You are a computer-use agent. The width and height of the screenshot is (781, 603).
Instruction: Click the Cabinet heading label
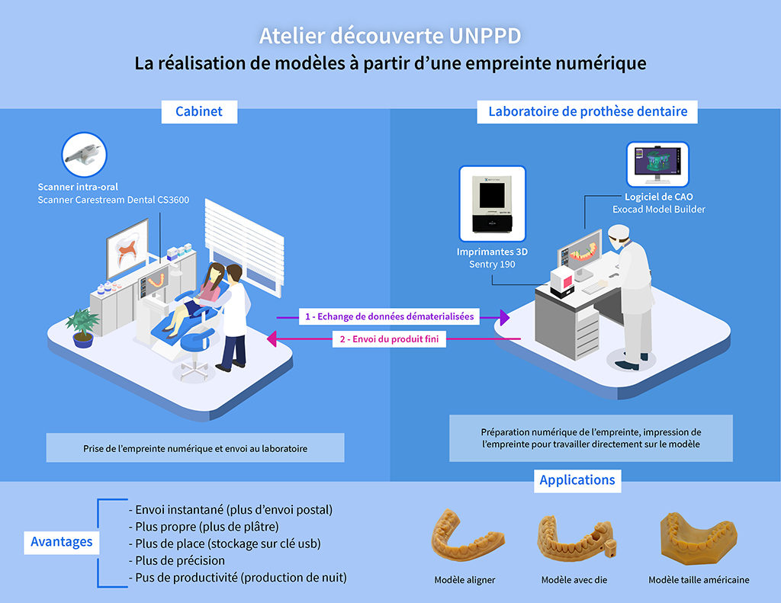click(x=199, y=111)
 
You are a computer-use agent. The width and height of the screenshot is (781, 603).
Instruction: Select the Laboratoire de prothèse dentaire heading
click(x=587, y=111)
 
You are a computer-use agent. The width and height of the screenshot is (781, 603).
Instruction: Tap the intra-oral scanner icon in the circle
click(x=84, y=154)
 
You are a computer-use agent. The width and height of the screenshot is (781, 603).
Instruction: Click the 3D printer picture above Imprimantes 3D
click(x=492, y=204)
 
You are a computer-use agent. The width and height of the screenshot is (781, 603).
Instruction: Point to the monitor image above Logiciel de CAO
click(x=657, y=165)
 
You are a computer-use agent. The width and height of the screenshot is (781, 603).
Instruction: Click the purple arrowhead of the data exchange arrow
click(x=505, y=317)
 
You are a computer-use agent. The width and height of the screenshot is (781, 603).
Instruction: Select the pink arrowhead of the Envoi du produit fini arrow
click(x=272, y=338)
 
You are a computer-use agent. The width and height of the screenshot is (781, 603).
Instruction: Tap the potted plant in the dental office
click(x=82, y=328)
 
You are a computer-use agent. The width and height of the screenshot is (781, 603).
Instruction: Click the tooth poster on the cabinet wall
click(x=127, y=249)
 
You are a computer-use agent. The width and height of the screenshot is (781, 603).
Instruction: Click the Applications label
click(x=577, y=480)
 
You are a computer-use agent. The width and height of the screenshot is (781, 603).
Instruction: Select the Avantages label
click(x=62, y=542)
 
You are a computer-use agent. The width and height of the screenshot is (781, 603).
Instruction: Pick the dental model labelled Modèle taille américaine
click(x=699, y=539)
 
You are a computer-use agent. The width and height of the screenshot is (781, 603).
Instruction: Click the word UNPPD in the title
click(x=485, y=36)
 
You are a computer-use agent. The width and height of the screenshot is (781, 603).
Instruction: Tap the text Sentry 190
click(x=492, y=265)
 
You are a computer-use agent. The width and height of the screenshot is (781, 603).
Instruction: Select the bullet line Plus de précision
click(x=177, y=560)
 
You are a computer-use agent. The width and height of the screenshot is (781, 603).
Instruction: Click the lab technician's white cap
click(x=619, y=232)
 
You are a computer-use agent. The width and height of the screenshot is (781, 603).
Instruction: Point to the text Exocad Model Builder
click(x=659, y=210)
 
